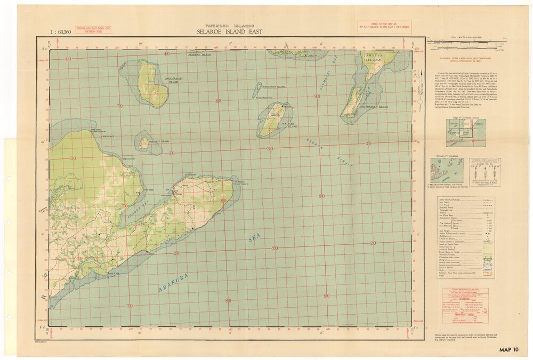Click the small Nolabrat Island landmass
(143, 142)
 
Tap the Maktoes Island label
(288, 124)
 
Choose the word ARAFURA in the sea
(174, 283)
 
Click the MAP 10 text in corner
(508, 349)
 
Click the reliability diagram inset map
(447, 171)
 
